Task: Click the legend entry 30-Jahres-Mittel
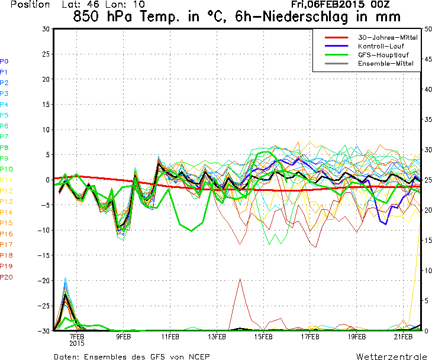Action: (x=388, y=37)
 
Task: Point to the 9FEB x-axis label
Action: (x=124, y=337)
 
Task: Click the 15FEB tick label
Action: (x=263, y=337)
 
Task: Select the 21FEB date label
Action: (x=403, y=337)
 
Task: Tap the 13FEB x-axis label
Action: (x=217, y=337)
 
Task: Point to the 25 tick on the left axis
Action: (x=45, y=54)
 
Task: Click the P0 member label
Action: (x=4, y=61)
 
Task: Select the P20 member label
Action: (x=7, y=277)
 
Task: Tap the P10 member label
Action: (x=7, y=169)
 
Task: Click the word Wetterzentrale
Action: (x=392, y=356)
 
